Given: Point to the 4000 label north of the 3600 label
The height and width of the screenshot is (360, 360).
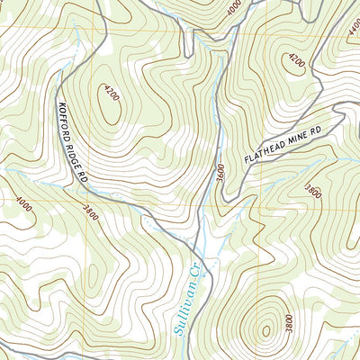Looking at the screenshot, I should point(234,8).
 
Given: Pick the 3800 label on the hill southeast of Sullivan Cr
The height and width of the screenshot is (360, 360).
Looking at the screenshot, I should point(286,321).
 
